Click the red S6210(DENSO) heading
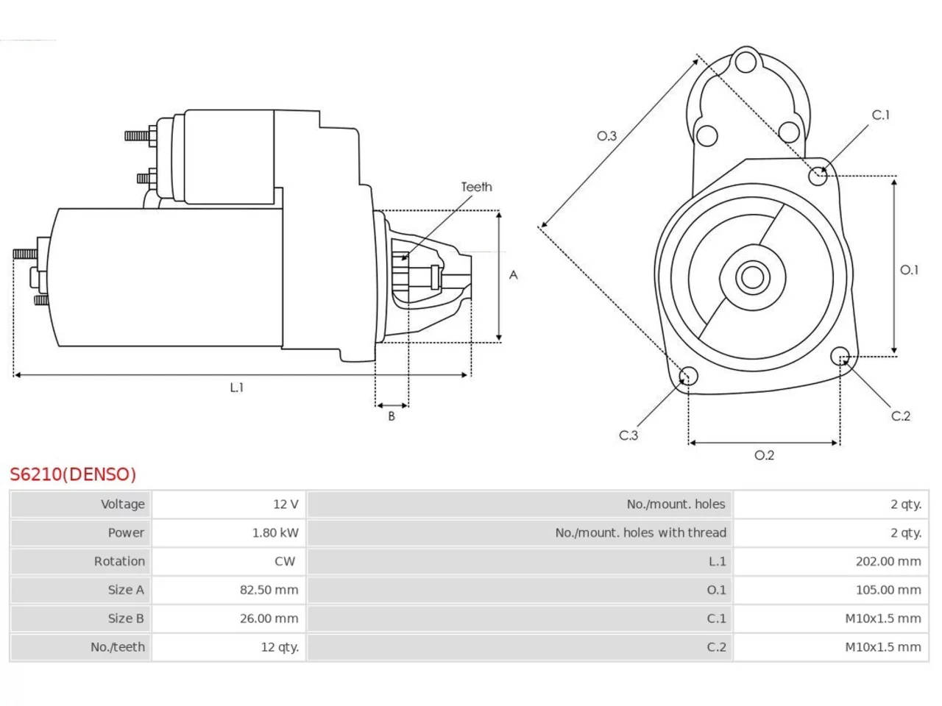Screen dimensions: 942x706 coord(73,474)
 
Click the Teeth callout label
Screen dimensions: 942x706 coord(476,187)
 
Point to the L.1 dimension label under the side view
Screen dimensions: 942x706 coord(237,388)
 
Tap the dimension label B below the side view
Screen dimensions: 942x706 coord(392,416)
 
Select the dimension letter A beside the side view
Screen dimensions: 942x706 coord(513,275)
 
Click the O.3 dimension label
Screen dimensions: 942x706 coord(607,136)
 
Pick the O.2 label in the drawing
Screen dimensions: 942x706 coord(765,454)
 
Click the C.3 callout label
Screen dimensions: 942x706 coord(628,435)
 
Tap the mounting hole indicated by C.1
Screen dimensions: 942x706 coord(818,176)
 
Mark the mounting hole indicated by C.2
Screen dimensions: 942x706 coord(840,356)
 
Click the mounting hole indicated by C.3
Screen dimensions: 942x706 coord(688,376)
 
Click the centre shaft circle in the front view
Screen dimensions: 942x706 coord(752,277)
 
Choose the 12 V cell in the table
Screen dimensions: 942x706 coord(229,504)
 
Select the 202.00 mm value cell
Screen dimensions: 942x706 coord(831,561)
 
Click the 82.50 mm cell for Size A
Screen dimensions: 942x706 coord(229,590)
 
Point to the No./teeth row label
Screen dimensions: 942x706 coord(118,647)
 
